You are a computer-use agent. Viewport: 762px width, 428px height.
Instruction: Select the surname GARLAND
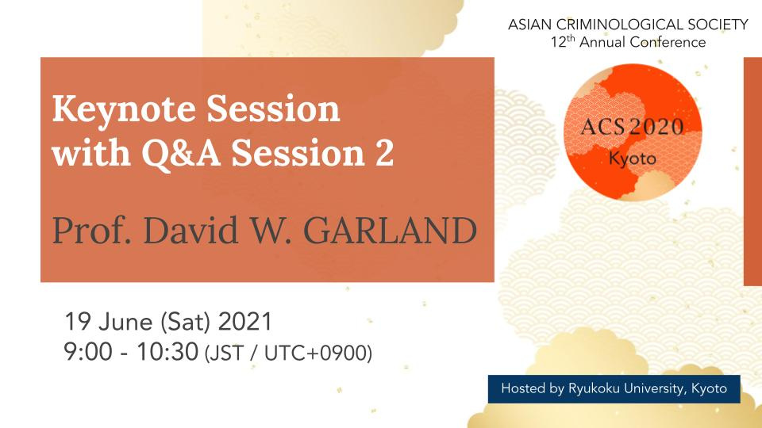click(x=391, y=231)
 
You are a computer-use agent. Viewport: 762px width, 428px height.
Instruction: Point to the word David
click(x=191, y=230)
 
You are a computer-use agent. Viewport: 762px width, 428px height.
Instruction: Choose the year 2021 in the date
click(x=245, y=322)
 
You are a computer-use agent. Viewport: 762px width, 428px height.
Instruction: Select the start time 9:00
click(x=88, y=352)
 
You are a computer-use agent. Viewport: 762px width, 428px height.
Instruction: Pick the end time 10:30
click(x=167, y=352)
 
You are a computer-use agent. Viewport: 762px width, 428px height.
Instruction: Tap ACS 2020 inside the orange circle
click(x=633, y=127)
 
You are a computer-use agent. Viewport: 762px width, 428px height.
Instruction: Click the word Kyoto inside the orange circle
click(x=633, y=159)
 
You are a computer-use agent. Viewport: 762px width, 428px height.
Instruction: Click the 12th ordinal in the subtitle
click(x=563, y=42)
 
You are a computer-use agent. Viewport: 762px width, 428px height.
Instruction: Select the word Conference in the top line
click(x=668, y=42)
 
